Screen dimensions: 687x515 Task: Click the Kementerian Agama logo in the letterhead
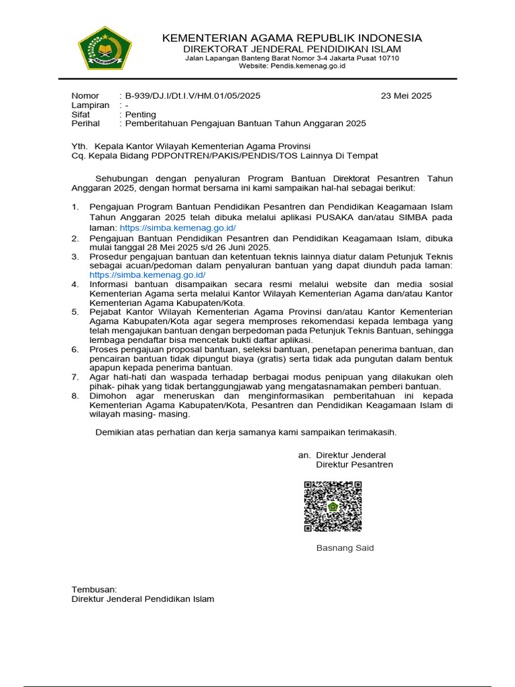[105, 48]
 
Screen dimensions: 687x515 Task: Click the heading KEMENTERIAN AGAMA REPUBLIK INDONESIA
[292, 38]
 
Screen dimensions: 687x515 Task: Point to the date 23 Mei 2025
[406, 96]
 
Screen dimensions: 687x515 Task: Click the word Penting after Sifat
[140, 115]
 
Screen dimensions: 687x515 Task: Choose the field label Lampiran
[91, 105]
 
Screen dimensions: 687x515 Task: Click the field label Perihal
[86, 123]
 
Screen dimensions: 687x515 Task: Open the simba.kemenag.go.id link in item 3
[148, 275]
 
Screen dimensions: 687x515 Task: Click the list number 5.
[75, 312]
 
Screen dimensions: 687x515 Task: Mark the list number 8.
[75, 396]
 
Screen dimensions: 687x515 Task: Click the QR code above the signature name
[333, 507]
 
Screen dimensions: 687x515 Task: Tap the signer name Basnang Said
[345, 548]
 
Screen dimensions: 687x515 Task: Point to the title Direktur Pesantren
[354, 465]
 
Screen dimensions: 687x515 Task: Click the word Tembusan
[95, 589]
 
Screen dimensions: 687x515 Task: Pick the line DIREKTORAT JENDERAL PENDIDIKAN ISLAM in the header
[292, 49]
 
